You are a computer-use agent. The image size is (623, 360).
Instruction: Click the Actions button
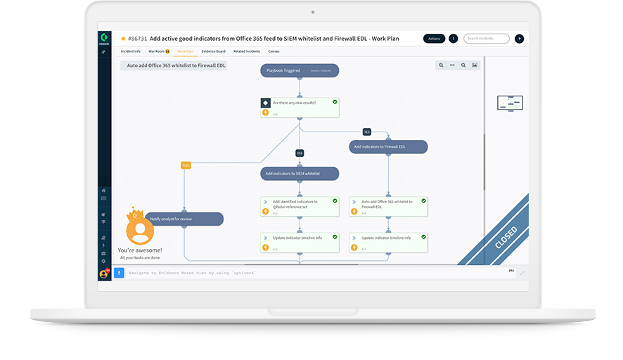[x=434, y=39]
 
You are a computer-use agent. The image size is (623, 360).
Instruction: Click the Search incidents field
[x=486, y=39]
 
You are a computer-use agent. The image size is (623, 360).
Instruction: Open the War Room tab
[x=158, y=51]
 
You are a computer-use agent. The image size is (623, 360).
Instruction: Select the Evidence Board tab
[x=213, y=51]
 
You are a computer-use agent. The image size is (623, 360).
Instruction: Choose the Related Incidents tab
[x=247, y=51]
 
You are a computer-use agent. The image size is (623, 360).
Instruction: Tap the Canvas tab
[x=274, y=51]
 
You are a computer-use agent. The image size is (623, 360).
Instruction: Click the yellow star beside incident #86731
[x=123, y=39]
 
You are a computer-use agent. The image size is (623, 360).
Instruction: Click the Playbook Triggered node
[x=300, y=70]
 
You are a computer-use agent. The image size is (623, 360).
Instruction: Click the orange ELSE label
[x=186, y=165]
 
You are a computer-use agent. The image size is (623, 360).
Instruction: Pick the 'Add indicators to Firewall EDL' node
[x=388, y=147]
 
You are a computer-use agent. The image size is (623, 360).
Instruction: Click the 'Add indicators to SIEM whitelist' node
[x=300, y=173]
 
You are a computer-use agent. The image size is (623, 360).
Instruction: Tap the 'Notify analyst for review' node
[x=184, y=219]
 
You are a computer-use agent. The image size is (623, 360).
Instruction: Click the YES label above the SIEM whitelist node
[x=300, y=153]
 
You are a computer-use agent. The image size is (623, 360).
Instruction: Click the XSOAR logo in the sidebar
[x=104, y=39]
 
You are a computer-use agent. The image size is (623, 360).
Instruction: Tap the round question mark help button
[x=519, y=39]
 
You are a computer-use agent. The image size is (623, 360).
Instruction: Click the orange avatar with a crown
[x=139, y=228]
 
